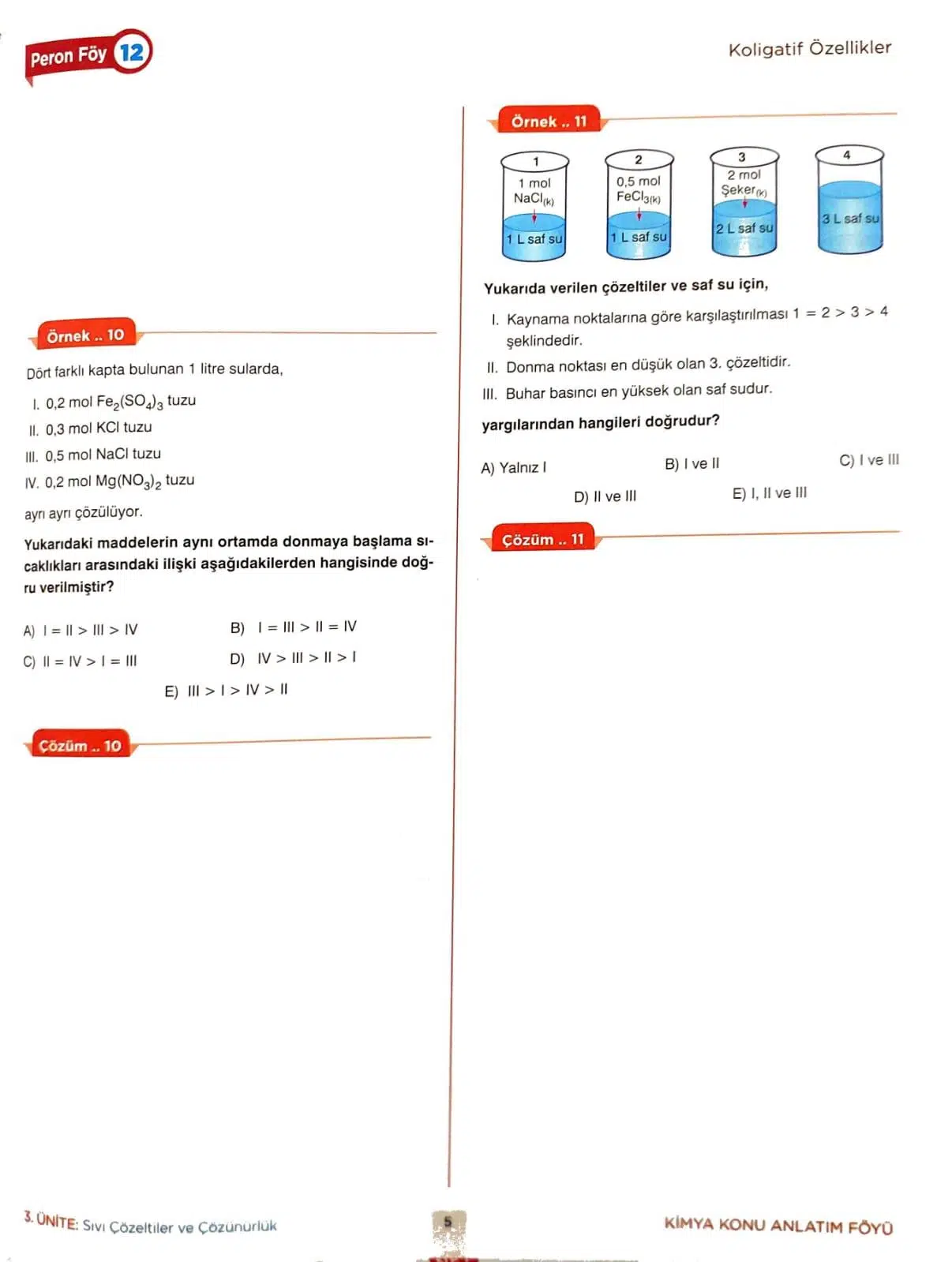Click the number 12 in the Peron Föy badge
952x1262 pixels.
coord(132,52)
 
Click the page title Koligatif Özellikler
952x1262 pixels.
coord(809,49)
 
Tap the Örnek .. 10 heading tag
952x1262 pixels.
coord(85,335)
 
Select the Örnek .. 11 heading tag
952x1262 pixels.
coord(549,122)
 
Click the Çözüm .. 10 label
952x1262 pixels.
coord(80,746)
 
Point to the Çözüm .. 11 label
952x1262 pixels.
coord(542,540)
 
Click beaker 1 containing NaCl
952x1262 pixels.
coord(534,207)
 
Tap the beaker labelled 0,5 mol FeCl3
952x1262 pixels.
coord(639,204)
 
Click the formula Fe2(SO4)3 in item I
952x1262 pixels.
coord(129,402)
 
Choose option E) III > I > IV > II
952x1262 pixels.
coord(227,691)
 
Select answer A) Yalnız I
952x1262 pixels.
coord(513,468)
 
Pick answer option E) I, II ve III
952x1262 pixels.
coord(769,493)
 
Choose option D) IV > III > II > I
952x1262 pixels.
coord(293,658)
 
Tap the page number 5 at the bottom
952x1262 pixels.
coord(448,1222)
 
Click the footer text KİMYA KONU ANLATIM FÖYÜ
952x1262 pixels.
coord(778,1226)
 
